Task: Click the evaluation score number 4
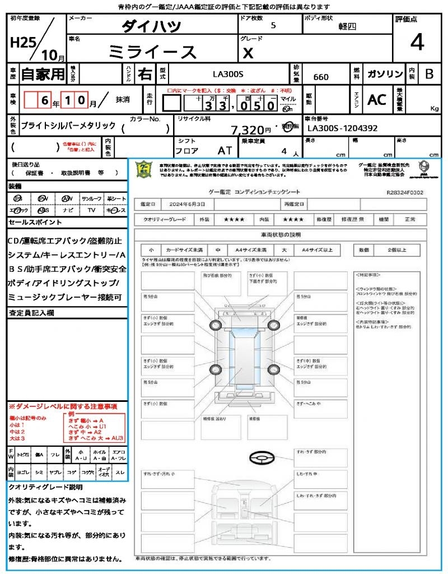pyautogui.click(x=417, y=42)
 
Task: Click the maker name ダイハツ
pyautogui.click(x=151, y=26)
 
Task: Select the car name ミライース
pyautogui.click(x=152, y=52)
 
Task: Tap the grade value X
pyautogui.click(x=248, y=53)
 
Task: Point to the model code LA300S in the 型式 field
pyautogui.click(x=228, y=73)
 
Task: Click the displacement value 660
pyautogui.click(x=321, y=77)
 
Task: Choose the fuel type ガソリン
pyautogui.click(x=385, y=74)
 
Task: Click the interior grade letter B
pyautogui.click(x=429, y=74)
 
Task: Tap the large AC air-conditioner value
pyautogui.click(x=377, y=100)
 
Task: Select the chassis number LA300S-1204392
pyautogui.click(x=343, y=128)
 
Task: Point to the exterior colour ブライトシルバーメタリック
pyautogui.click(x=68, y=126)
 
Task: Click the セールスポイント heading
pyautogui.click(x=27, y=223)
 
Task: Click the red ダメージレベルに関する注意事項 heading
pyautogui.click(x=63, y=406)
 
